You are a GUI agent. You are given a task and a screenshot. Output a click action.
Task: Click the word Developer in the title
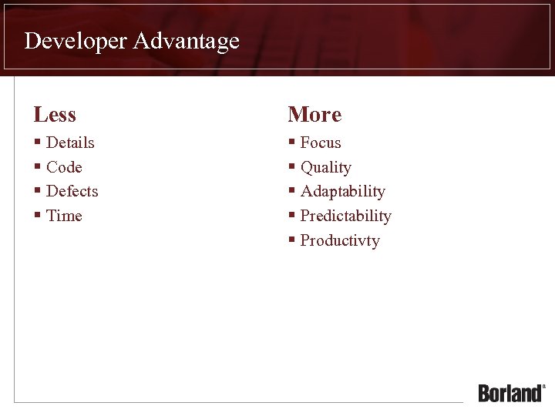pyautogui.click(x=76, y=41)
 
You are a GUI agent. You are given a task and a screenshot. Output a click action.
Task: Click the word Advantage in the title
pyautogui.click(x=186, y=41)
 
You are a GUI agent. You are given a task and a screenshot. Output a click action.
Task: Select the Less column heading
pyautogui.click(x=55, y=115)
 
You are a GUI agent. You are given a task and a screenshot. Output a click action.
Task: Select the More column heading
pyautogui.click(x=314, y=115)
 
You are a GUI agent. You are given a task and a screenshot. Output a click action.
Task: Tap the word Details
pyautogui.click(x=70, y=143)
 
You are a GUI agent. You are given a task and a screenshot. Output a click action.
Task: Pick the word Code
pyautogui.click(x=64, y=167)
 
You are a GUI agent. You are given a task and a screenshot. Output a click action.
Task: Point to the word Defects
pyautogui.click(x=72, y=191)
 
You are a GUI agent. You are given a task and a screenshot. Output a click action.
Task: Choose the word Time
pyautogui.click(x=64, y=216)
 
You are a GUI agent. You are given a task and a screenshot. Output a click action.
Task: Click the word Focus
pyautogui.click(x=321, y=143)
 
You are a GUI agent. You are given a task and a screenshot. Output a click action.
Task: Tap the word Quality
pyautogui.click(x=325, y=167)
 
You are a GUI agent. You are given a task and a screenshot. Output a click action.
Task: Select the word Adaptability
pyautogui.click(x=342, y=191)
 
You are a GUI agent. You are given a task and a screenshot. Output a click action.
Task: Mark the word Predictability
pyautogui.click(x=345, y=216)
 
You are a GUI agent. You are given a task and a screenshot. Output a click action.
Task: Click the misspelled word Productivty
pyautogui.click(x=340, y=240)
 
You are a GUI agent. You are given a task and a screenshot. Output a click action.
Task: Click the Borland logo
pyautogui.click(x=511, y=392)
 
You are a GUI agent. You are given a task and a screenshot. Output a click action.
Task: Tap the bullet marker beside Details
pyautogui.click(x=37, y=143)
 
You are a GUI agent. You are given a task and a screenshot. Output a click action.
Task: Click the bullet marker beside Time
pyautogui.click(x=37, y=216)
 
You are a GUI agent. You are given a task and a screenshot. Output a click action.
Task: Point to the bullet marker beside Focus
pyautogui.click(x=291, y=143)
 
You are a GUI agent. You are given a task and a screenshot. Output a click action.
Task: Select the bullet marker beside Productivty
pyautogui.click(x=291, y=240)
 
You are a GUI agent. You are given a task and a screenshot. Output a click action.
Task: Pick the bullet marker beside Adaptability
pyautogui.click(x=291, y=191)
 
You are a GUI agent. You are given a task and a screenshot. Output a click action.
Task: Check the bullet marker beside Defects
pyautogui.click(x=37, y=191)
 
